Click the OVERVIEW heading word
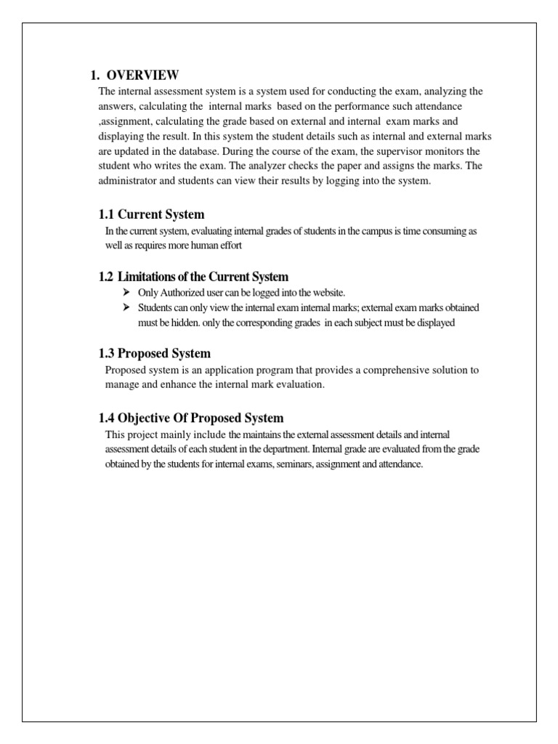(x=142, y=75)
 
